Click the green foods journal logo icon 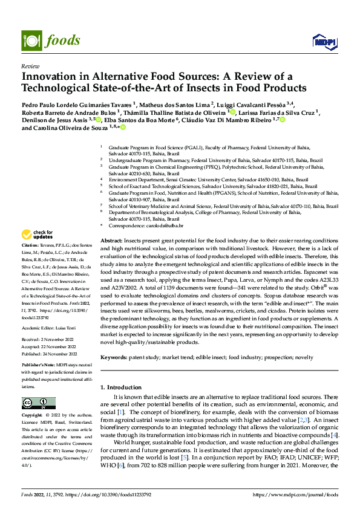coord(32,41)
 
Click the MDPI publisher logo coord(325,41)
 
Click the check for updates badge coord(36,235)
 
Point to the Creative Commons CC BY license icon coord(34,403)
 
